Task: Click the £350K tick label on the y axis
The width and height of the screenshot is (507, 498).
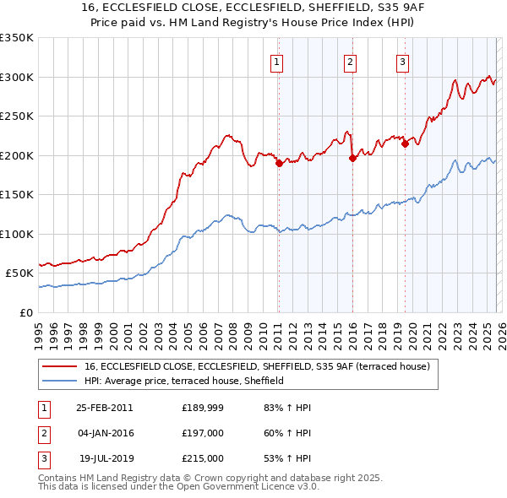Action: tap(17, 38)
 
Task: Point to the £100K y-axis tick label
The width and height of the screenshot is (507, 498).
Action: tap(17, 234)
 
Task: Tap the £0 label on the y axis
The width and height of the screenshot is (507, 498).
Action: tap(25, 312)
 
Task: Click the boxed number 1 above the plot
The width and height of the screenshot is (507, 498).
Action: tap(278, 61)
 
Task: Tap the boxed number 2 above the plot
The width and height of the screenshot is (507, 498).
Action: tap(351, 61)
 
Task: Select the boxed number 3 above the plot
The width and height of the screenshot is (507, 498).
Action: tap(403, 61)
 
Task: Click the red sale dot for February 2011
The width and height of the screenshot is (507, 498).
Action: tap(279, 164)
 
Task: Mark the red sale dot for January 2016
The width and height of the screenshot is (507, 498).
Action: tap(352, 158)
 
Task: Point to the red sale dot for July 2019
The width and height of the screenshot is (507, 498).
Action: tap(405, 143)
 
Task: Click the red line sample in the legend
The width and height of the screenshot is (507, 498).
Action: tap(59, 366)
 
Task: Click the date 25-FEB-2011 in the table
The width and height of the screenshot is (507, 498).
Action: tap(104, 407)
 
